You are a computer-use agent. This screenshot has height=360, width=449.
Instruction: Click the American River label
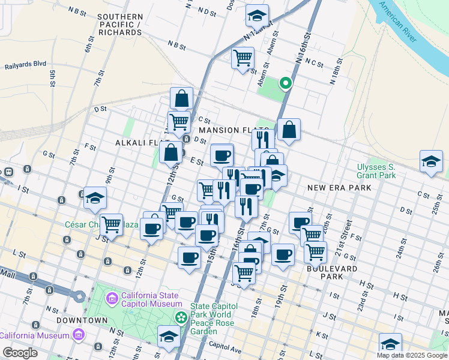[397, 22]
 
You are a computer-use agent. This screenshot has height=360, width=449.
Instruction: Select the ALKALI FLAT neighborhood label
[136, 143]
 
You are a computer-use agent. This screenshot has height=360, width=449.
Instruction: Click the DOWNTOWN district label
[82, 320]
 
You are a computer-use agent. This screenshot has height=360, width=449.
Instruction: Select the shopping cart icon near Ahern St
[243, 58]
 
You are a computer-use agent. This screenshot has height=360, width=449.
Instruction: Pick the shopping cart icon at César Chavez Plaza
[111, 224]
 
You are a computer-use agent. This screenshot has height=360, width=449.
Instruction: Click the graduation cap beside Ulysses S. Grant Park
[431, 162]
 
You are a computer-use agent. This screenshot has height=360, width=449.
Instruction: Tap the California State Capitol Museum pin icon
[111, 298]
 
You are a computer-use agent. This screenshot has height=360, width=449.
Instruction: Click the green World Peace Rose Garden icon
[179, 316]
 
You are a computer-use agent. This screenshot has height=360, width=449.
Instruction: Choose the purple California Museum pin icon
[77, 335]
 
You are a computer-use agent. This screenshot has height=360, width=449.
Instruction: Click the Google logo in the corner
[20, 352]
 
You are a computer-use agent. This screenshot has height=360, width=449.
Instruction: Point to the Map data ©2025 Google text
[412, 355]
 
